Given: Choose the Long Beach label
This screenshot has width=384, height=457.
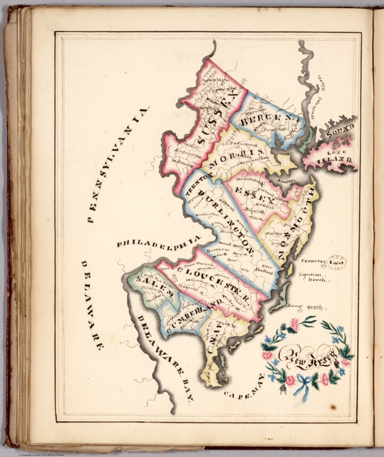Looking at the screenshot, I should click(x=304, y=306).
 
